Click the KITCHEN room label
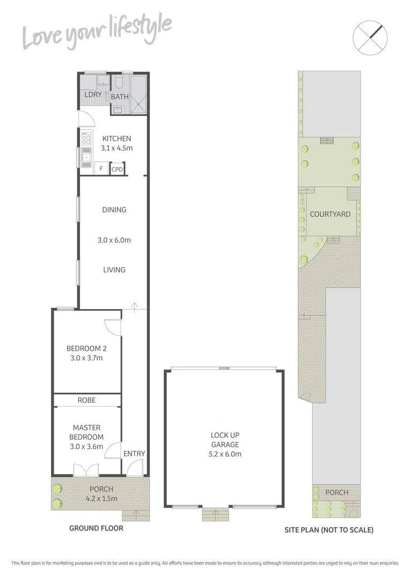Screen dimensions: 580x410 pos(116,139)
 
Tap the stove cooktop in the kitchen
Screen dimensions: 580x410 pos(85,140)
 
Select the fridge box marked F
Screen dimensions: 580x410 pos(100,169)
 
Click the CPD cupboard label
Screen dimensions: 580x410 pos(117,169)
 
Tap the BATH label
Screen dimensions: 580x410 pos(120,97)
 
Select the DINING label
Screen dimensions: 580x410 pos(114,210)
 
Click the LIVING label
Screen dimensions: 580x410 pos(114,270)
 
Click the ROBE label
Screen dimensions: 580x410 pos(86,400)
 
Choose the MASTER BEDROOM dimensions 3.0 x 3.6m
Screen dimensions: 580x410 pos(86,446)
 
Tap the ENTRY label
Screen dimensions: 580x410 pos(134,454)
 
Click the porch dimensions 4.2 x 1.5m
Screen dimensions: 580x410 pos(101,498)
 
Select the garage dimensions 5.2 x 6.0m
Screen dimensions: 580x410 pos(225,454)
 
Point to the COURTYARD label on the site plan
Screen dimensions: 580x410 pos(330,214)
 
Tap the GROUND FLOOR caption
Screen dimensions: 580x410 pos(96,528)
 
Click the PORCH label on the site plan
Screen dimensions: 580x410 pos(336,492)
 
